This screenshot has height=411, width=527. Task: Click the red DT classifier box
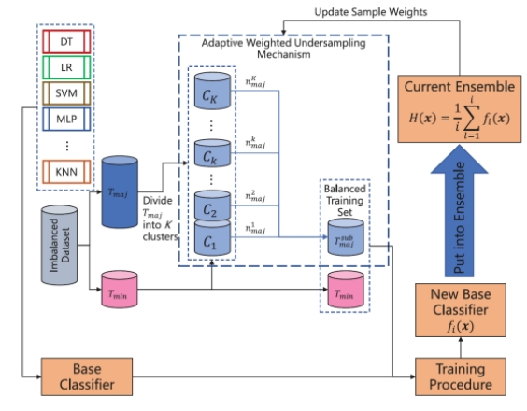(66, 42)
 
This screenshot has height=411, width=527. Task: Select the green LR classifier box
(66, 67)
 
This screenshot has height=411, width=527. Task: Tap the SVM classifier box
(66, 93)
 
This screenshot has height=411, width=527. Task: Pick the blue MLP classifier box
(66, 119)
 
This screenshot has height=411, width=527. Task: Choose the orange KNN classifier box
(66, 172)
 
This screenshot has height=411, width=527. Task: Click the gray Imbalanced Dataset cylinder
(60, 245)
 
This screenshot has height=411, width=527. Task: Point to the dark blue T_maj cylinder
(120, 191)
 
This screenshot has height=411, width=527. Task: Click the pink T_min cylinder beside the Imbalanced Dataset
(120, 290)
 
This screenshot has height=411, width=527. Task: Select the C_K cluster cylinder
(212, 91)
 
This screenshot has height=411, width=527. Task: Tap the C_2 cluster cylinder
(212, 205)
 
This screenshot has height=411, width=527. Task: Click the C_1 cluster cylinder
(212, 237)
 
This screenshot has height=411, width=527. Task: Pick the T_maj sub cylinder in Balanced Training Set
(346, 237)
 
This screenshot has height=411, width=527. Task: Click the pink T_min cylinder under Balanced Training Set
(346, 290)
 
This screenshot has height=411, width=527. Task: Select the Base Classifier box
(87, 376)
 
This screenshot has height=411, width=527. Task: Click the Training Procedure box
(461, 376)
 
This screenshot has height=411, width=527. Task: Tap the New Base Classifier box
(461, 310)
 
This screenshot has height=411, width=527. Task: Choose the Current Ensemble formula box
(460, 109)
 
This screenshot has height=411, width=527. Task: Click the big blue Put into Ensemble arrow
(459, 211)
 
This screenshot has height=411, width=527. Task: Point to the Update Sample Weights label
(371, 12)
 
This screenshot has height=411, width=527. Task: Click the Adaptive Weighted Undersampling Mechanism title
(284, 49)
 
